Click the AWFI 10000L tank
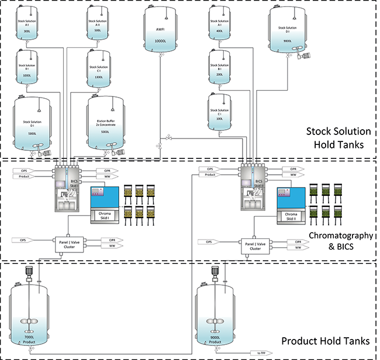click(160, 32)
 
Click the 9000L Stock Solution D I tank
click(291, 32)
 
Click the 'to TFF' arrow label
click(260, 353)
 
